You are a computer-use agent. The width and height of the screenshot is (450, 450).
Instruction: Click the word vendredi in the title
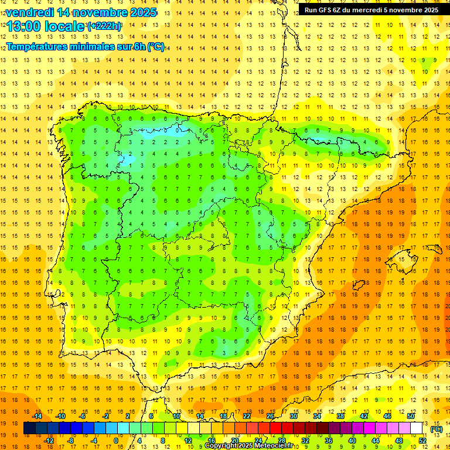(30, 12)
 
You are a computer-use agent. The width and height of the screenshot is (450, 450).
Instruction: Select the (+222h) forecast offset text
(104, 26)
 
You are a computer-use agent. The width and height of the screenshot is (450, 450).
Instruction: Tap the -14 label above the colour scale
(37, 416)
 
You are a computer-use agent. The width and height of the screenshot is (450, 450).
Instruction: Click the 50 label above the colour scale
(410, 416)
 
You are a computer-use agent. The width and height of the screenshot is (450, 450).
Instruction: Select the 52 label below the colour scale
(422, 441)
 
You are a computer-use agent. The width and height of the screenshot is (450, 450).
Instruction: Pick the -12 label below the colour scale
(49, 441)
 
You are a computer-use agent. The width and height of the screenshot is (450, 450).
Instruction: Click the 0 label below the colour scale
(116, 441)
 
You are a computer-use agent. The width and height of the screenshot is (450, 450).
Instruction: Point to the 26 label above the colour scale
(270, 416)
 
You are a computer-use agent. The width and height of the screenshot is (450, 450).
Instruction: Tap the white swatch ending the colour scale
(417, 428)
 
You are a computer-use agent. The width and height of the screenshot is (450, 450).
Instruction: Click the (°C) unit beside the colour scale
(436, 429)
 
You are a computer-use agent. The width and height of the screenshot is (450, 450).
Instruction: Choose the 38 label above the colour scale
(340, 416)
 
